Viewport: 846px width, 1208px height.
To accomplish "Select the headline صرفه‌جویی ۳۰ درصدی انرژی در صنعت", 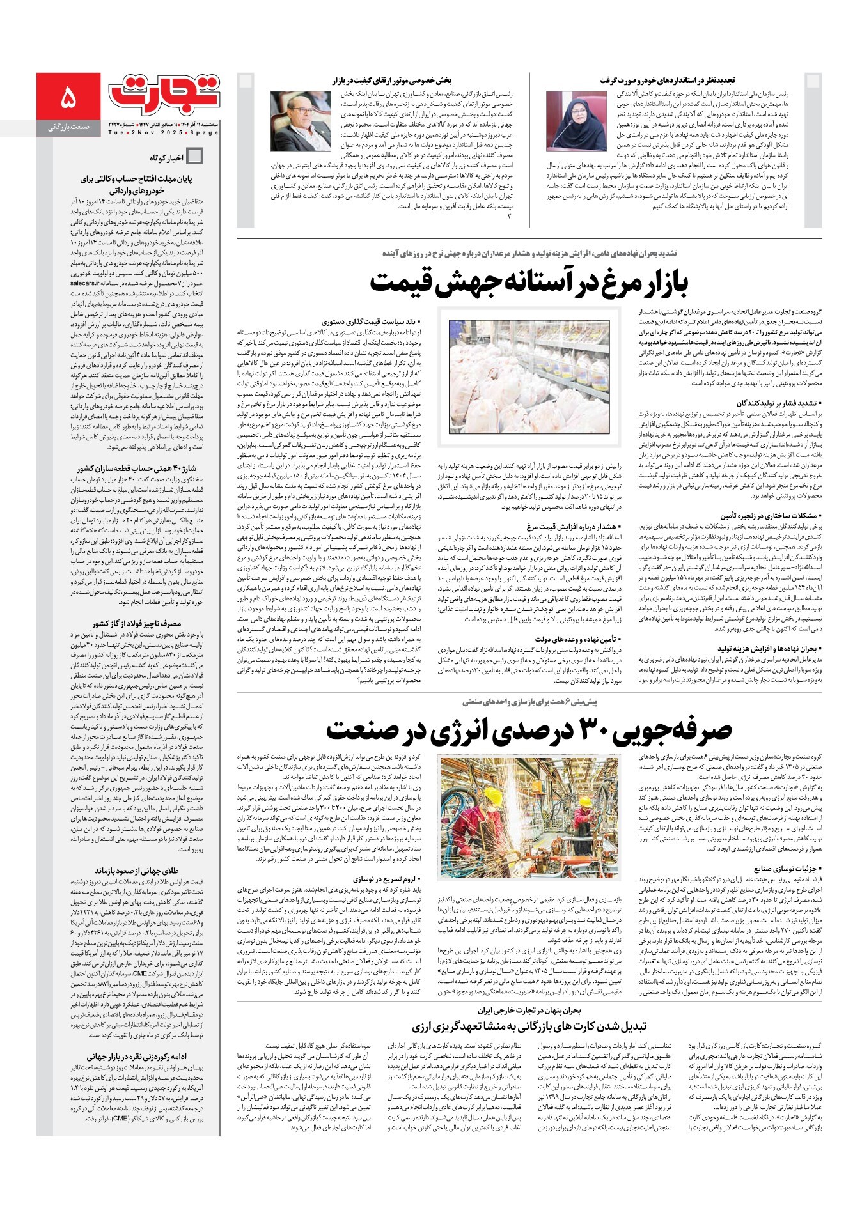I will (529, 730).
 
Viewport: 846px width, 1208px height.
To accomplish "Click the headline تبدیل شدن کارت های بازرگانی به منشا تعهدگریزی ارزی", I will (529, 1026).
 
